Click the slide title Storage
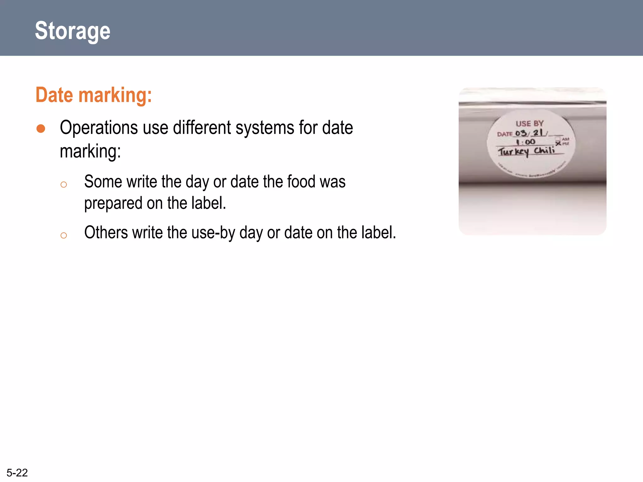tap(73, 31)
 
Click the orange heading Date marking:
tap(94, 95)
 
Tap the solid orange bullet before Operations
tap(41, 129)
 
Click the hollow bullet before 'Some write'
tap(64, 185)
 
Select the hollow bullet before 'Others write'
tap(64, 235)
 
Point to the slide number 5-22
tap(17, 473)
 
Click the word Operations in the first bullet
tap(99, 128)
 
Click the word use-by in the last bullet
tap(213, 233)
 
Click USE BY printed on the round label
tap(529, 124)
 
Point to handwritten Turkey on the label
tap(513, 152)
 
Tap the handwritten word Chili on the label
tap(544, 150)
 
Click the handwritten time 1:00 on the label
tap(526, 142)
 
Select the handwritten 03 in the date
tap(521, 133)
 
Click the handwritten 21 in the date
tap(538, 133)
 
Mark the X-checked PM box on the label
tap(558, 144)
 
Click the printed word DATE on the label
tap(505, 134)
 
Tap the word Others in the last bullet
tap(106, 233)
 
